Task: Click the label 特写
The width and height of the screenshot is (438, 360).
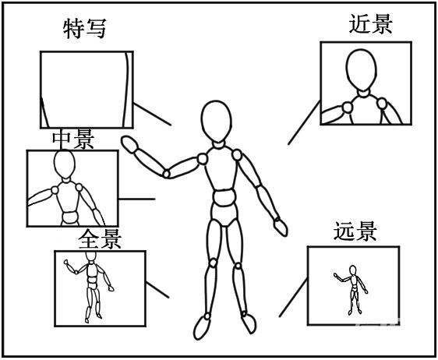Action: [83, 29]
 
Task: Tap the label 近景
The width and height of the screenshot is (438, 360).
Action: [370, 23]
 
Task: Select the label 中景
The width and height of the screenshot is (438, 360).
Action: [72, 139]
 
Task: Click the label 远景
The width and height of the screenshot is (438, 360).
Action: [355, 231]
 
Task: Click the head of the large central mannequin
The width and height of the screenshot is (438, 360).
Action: [216, 121]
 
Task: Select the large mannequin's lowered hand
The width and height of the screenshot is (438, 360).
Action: [280, 226]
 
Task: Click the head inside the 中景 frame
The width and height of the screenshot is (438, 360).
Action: [63, 165]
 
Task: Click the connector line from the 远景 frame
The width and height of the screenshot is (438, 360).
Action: [292, 292]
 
